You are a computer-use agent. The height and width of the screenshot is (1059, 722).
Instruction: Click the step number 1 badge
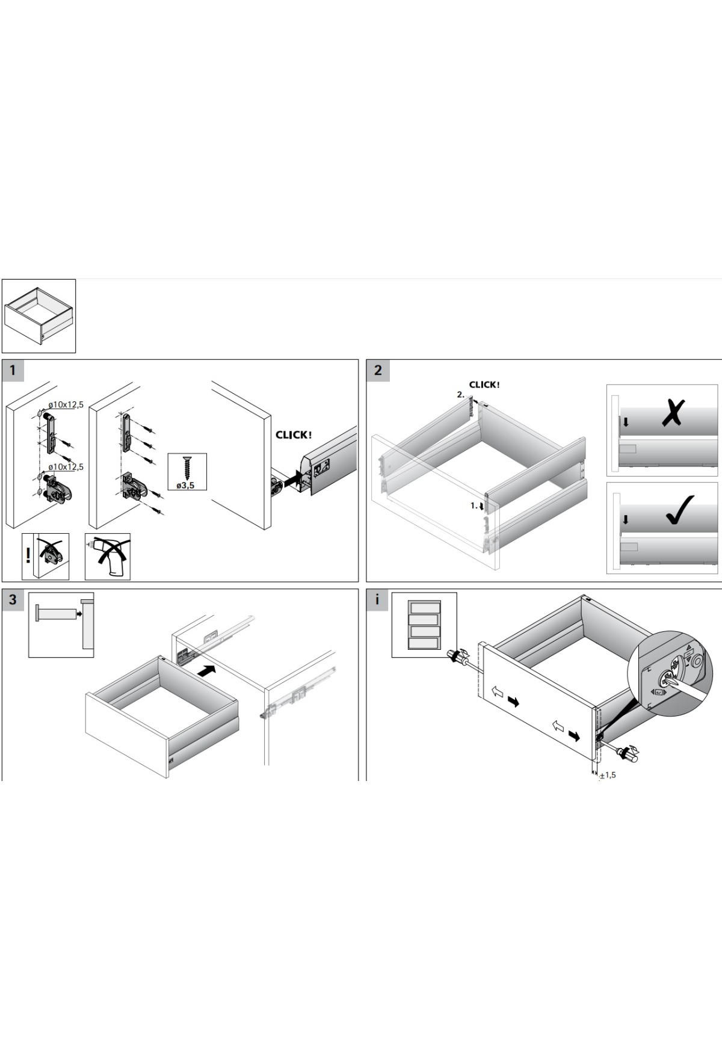[13, 371]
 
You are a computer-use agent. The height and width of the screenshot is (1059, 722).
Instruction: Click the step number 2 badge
[378, 371]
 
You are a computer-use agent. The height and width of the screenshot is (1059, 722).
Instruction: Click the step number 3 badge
[13, 600]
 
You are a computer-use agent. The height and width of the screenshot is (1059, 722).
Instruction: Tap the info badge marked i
[377, 600]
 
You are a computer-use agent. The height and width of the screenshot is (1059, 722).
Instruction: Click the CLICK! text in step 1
[294, 435]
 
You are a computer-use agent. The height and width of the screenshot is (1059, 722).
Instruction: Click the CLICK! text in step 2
[484, 384]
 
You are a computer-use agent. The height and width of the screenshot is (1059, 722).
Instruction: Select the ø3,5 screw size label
[185, 485]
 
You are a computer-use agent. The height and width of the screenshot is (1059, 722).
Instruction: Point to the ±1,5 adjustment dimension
[608, 775]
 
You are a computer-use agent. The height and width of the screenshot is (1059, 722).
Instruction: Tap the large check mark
[680, 510]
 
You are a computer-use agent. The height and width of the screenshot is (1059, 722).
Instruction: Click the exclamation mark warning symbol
[28, 554]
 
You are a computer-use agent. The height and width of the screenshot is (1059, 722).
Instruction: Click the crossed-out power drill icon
[108, 557]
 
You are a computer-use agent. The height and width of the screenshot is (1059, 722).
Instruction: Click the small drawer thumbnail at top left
[39, 316]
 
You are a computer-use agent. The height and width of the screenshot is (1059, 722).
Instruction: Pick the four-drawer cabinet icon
[424, 625]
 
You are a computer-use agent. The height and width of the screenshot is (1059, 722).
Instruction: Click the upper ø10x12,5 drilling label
[66, 405]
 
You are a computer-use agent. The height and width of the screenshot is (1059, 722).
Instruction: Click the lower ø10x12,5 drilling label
[66, 467]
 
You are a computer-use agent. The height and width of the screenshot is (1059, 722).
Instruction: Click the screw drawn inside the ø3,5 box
[187, 468]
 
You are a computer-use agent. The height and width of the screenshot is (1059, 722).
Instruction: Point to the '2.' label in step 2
[461, 395]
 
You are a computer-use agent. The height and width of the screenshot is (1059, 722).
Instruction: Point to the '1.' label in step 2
[474, 505]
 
